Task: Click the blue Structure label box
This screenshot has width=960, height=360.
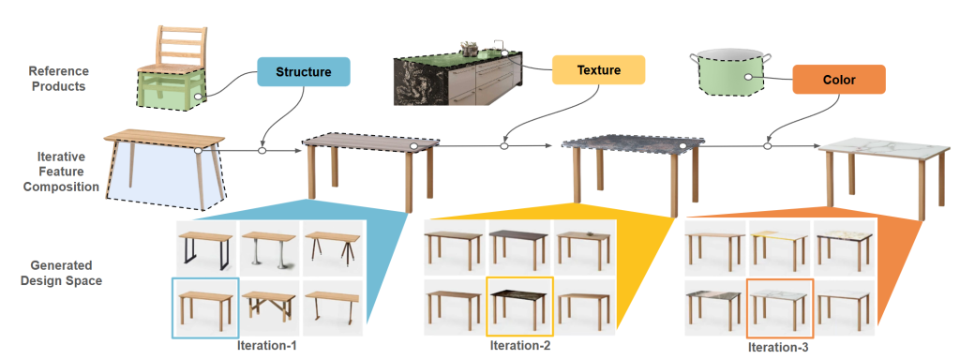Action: [303, 71]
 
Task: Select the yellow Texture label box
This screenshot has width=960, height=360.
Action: [598, 69]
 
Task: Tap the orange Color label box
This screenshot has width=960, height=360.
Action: [839, 79]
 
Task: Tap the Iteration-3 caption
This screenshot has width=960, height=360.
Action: [777, 348]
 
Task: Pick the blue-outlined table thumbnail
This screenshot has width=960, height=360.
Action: [205, 307]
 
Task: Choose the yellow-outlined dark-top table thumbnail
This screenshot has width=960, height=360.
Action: [519, 307]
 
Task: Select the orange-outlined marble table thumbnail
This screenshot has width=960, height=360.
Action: [779, 308]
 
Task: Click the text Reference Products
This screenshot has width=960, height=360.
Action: [59, 79]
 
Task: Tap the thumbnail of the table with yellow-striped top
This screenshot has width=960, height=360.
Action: [779, 249]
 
